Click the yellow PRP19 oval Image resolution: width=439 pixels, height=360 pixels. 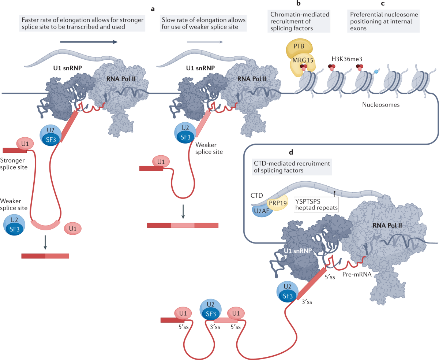[x=279, y=202]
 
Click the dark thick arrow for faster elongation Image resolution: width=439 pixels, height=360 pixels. [x=89, y=42]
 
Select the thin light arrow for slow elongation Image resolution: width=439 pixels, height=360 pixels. [x=205, y=42]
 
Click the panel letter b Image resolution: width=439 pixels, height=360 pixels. [x=299, y=4]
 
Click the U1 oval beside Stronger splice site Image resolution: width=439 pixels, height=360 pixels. [x=25, y=144]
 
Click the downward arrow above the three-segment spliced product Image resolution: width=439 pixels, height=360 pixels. [x=183, y=213]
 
